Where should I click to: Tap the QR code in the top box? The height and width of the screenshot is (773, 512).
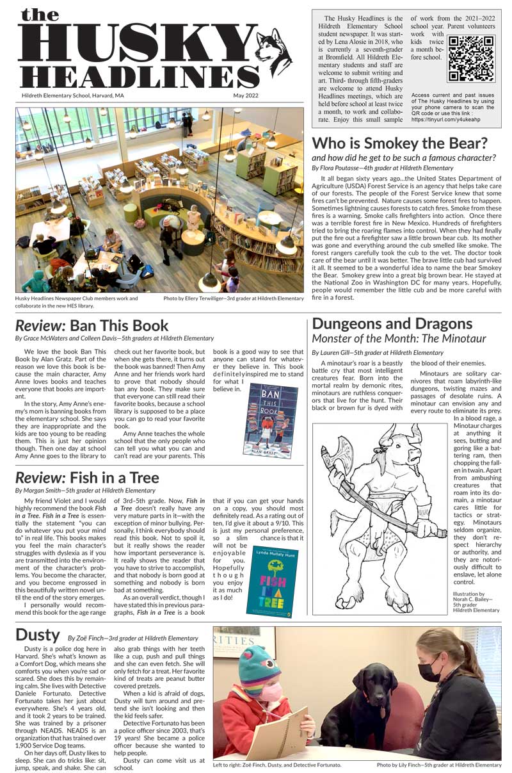tap(472, 59)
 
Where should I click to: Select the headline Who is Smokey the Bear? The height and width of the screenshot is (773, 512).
tap(399, 143)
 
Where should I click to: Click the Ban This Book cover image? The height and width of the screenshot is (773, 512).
tap(271, 411)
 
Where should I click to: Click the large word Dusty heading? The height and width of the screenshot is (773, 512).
tap(37, 635)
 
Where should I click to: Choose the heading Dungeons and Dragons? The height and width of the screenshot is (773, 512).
tap(392, 324)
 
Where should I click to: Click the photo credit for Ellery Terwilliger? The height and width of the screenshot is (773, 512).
tap(233, 298)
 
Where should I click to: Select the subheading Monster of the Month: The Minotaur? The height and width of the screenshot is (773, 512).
tap(399, 339)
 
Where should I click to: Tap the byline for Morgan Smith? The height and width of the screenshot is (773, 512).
tap(85, 491)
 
